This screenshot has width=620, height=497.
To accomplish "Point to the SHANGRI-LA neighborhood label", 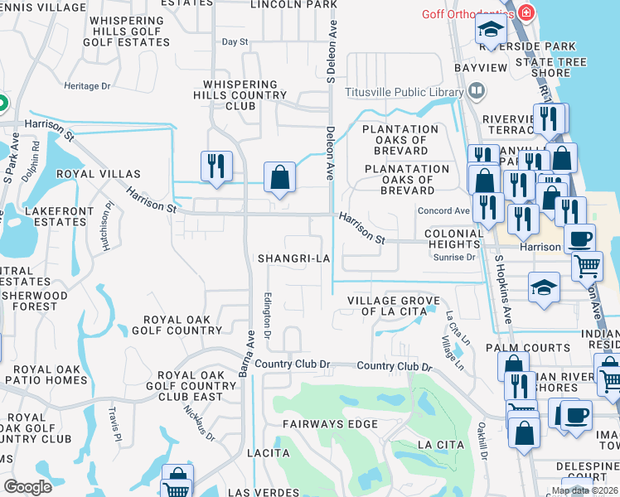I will pos(294,258).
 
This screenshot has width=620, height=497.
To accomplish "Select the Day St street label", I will pos(235,41).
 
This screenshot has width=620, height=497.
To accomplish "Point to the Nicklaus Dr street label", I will pos(200,425).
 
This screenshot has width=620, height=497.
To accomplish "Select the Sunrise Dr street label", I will pos(454,258).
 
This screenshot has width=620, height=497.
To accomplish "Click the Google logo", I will pos(27,486).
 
